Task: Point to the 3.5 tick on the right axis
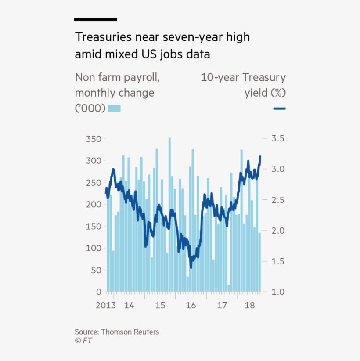277,138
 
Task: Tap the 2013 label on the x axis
105,305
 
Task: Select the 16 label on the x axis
191,305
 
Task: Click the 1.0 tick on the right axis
277,292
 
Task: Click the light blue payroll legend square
114,108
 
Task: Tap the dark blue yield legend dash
279,108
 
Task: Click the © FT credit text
83,340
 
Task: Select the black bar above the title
96,19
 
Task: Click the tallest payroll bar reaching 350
169,215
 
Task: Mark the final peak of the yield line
260,156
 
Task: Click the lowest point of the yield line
191,267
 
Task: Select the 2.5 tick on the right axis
277,200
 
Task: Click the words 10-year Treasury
243,78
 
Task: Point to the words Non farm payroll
117,78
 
